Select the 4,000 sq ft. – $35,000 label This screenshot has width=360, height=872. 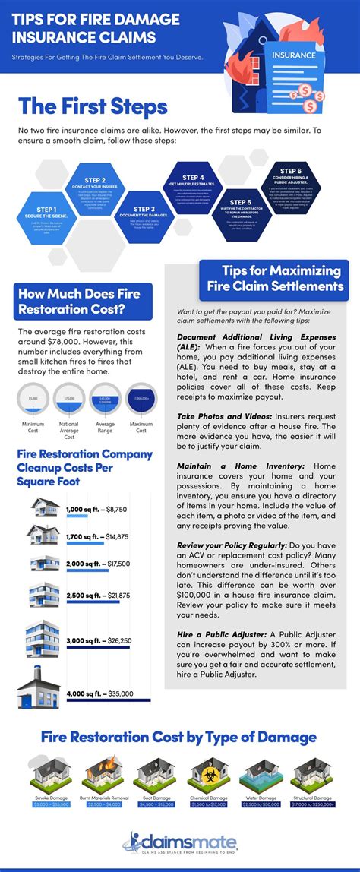pos(99,693)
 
